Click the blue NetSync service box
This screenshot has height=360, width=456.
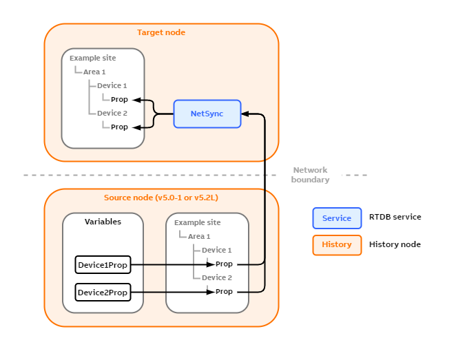pyautogui.click(x=207, y=114)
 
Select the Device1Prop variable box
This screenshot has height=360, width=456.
pyautogui.click(x=103, y=264)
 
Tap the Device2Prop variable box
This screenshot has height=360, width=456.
pyautogui.click(x=103, y=293)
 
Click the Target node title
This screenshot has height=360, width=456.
pyautogui.click(x=161, y=32)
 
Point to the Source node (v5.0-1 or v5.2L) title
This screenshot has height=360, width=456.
pyautogui.click(x=161, y=198)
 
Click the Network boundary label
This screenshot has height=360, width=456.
pyautogui.click(x=310, y=175)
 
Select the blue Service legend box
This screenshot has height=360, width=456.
pyautogui.click(x=337, y=218)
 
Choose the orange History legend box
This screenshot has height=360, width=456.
pyautogui.click(x=337, y=244)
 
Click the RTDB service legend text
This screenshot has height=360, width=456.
pyautogui.click(x=395, y=217)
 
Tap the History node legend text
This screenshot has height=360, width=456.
pyautogui.click(x=395, y=244)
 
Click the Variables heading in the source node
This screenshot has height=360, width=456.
pyautogui.click(x=103, y=222)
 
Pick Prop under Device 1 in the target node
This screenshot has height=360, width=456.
pyautogui.click(x=119, y=100)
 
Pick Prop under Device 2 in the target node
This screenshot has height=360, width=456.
pyautogui.click(x=119, y=127)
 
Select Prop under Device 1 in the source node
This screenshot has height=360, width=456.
pyautogui.click(x=224, y=264)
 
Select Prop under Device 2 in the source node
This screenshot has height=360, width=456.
pyautogui.click(x=224, y=292)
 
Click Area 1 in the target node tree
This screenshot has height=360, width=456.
pyautogui.click(x=94, y=72)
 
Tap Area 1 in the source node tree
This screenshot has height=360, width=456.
pyautogui.click(x=199, y=236)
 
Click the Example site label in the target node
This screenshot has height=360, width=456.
pyautogui.click(x=92, y=58)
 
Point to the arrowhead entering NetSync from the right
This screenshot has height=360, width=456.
pyautogui.click(x=247, y=114)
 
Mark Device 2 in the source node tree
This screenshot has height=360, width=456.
pyautogui.click(x=217, y=277)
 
